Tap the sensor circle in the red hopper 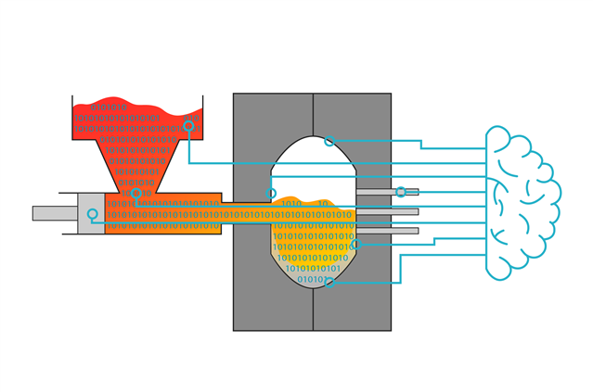click(188, 124)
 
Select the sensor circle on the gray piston click(92, 214)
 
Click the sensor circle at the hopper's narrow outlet click(136, 195)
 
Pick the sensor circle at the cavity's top click(329, 141)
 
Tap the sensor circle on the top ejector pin click(400, 192)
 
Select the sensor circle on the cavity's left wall click(272, 193)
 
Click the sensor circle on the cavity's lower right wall click(355, 246)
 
